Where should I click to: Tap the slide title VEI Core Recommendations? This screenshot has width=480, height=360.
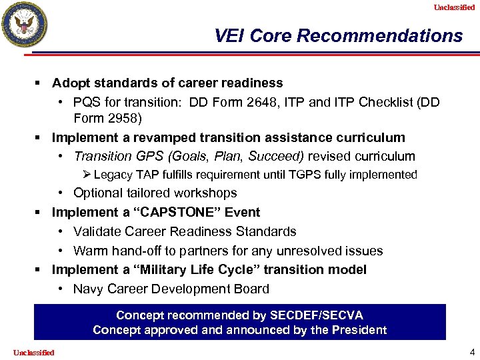pos(338,35)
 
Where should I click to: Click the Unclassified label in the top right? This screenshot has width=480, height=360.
pos(454,7)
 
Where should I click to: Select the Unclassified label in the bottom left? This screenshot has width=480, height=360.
pos(33,352)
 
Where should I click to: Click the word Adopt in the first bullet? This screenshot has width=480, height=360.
pos(69,83)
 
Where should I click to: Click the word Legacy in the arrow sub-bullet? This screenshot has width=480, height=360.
pos(114,175)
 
